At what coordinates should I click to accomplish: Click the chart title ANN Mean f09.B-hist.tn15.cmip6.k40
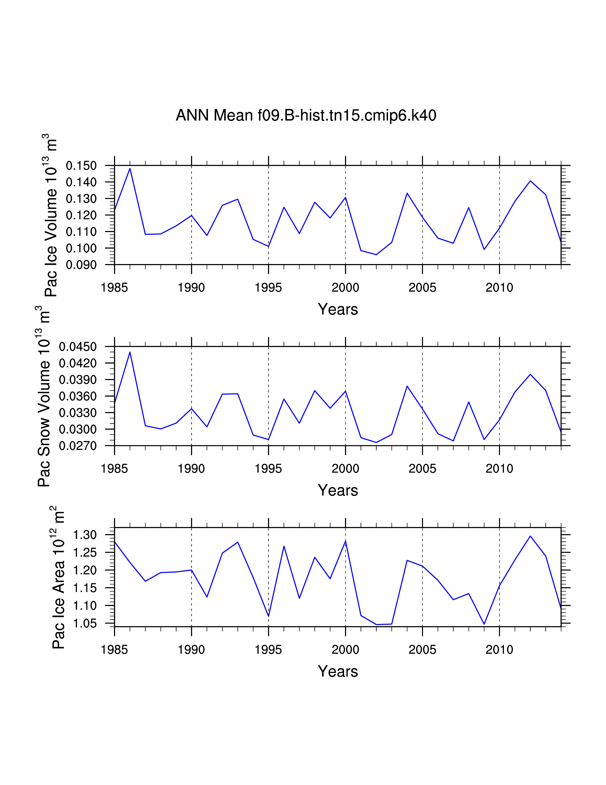[x=306, y=115]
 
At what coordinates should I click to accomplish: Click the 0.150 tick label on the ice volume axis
[x=81, y=166]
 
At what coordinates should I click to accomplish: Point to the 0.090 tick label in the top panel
[x=81, y=265]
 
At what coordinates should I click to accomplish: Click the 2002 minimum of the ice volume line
[x=376, y=255]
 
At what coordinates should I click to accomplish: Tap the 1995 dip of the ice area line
[x=269, y=616]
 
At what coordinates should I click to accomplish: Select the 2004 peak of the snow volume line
[x=407, y=386]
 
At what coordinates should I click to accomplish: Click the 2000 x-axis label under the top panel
[x=345, y=288]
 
